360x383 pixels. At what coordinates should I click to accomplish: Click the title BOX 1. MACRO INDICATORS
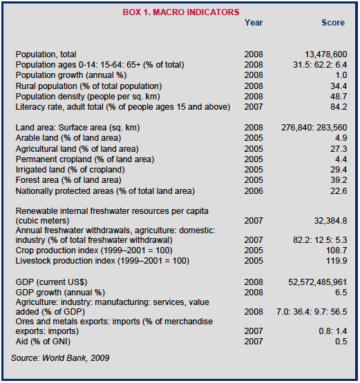pos(181,12)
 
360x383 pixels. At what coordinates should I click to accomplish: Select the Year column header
pos(254,23)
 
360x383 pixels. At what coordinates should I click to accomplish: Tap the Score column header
pos(333,23)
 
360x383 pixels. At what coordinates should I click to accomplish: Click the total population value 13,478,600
pos(325,55)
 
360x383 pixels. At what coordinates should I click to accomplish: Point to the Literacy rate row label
pos(123,107)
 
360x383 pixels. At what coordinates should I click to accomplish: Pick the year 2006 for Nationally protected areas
pos(254,190)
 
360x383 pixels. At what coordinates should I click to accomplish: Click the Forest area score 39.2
pos(339,180)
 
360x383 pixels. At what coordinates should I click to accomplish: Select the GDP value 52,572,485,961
pos(317,282)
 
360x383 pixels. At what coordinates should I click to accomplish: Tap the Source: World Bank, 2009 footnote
pos(60,358)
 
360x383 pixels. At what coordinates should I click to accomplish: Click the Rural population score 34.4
pos(339,86)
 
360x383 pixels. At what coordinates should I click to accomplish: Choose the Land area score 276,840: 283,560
pos(314,128)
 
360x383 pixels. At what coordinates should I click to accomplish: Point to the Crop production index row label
pos(94,251)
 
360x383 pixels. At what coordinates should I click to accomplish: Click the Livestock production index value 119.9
pos(337,261)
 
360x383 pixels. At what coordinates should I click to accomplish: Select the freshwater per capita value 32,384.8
pos(330,221)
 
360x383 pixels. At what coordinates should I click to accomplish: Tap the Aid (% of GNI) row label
pos(43,342)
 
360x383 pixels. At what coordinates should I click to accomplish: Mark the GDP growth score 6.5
pos(341,293)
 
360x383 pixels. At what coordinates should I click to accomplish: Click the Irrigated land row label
pos(70,170)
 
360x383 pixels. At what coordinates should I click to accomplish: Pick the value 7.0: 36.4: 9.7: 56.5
pos(312,312)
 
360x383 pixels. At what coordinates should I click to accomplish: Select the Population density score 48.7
pos(339,97)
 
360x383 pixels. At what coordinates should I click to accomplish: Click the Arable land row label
pos(68,138)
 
